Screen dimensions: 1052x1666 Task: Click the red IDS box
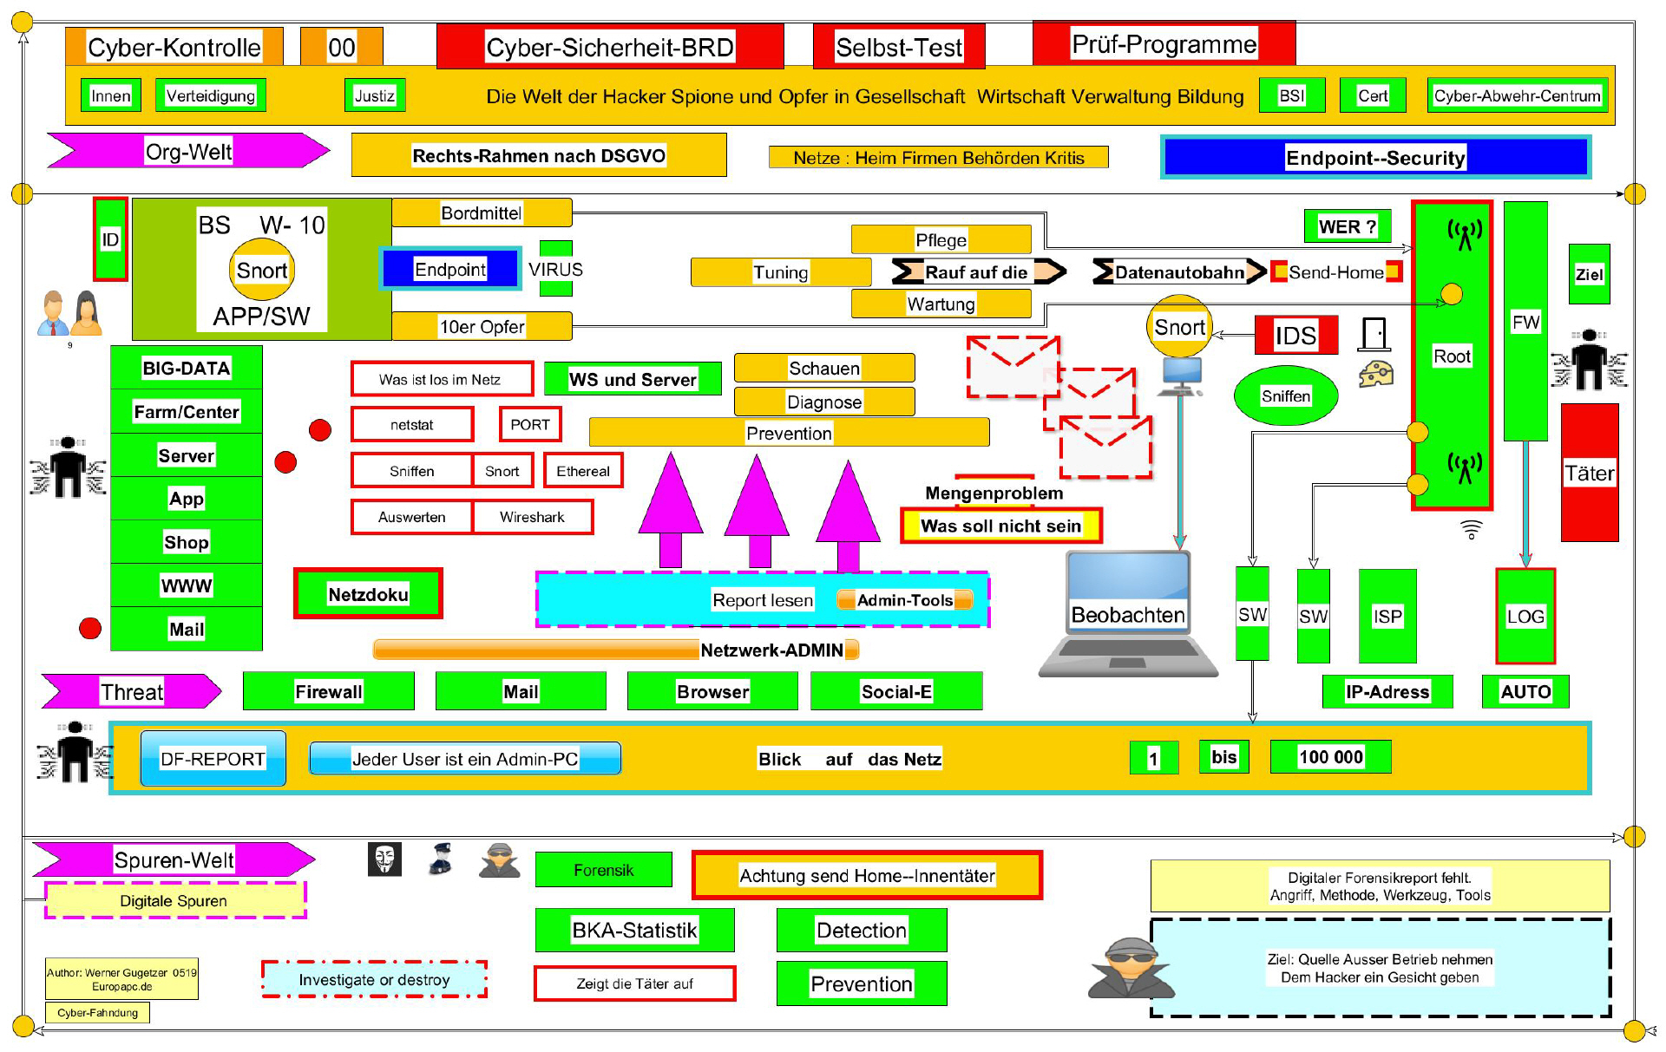(1295, 335)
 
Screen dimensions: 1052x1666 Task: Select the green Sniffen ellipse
(1286, 395)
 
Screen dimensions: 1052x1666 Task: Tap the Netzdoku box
(368, 594)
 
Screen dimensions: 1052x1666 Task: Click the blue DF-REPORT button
(213, 759)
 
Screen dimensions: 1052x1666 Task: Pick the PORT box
(530, 424)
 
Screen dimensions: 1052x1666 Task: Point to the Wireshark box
(532, 517)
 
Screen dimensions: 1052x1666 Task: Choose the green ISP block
(1387, 616)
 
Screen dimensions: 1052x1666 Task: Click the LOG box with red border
(1525, 616)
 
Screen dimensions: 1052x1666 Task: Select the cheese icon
(1376, 374)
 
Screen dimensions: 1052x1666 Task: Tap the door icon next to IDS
(1374, 334)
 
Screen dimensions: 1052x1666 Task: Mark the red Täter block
(1590, 473)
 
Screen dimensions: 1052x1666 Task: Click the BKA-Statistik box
(634, 930)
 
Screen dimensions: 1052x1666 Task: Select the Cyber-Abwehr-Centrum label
(1517, 95)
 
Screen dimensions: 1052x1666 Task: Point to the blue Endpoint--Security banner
(1375, 157)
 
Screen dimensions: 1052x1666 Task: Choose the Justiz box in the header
(375, 95)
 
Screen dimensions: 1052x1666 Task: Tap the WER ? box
(1348, 226)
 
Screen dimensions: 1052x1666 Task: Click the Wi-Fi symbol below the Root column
(1472, 528)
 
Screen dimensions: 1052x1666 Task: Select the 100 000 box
(1330, 757)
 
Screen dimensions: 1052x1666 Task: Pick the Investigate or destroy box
(374, 979)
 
